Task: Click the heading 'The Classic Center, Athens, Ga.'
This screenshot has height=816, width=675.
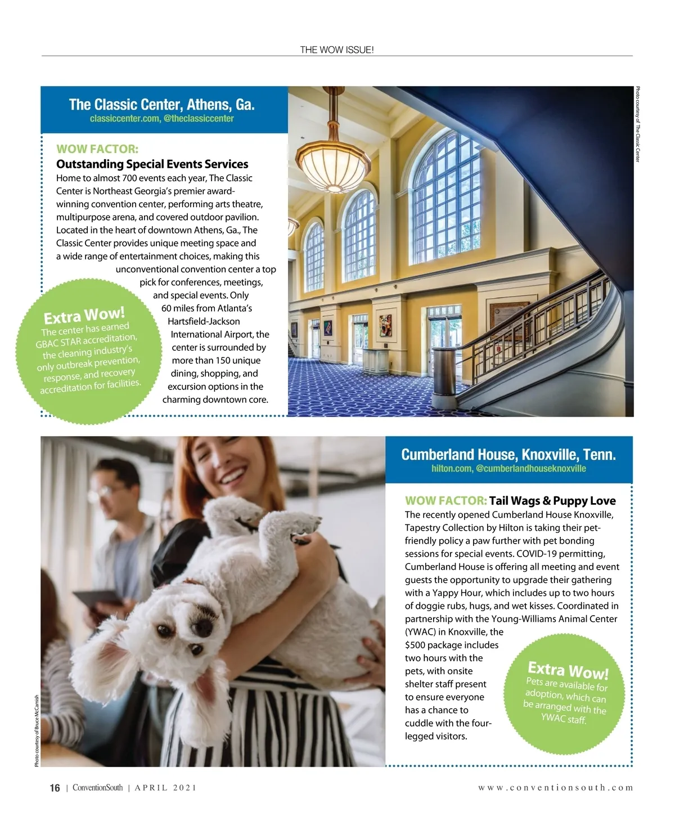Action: pos(161,105)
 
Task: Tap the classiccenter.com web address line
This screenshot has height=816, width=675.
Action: pos(161,119)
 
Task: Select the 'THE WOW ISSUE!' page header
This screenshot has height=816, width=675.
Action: pos(336,50)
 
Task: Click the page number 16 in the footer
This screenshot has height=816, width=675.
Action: pos(55,788)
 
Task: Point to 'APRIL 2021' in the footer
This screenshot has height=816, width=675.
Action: pos(165,788)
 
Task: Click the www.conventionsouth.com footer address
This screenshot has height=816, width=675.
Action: pos(555,788)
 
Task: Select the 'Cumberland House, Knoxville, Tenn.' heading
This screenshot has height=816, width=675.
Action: pos(508,455)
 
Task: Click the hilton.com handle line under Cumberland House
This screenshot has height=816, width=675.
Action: pos(508,469)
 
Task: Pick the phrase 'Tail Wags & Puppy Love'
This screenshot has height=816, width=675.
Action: pos(552,501)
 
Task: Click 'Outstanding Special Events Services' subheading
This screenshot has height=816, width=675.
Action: pos(152,164)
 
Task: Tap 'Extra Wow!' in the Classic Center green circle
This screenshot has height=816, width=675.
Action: pos(84,316)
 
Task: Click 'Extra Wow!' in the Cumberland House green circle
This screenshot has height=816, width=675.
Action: pos(568,670)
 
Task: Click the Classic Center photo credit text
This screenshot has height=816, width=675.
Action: pos(637,124)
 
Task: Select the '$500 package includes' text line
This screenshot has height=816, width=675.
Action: pos(451,645)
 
